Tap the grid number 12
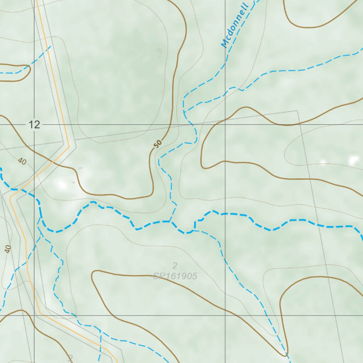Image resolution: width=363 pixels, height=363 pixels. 35,125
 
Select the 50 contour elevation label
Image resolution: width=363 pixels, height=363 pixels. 158,143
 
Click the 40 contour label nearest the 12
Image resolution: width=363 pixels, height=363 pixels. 22,162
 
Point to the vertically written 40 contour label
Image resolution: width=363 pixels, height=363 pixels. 8,249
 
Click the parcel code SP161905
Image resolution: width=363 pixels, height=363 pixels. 175,276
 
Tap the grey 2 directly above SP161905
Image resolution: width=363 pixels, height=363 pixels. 175,266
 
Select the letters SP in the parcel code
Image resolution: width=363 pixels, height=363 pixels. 158,276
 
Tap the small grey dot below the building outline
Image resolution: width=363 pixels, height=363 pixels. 73,182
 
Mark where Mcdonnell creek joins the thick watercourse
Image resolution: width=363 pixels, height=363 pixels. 170,222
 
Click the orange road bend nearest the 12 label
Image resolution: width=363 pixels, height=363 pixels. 68,146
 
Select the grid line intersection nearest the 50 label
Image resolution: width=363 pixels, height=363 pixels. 225,125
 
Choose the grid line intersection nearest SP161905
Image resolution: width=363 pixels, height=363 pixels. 225,315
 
